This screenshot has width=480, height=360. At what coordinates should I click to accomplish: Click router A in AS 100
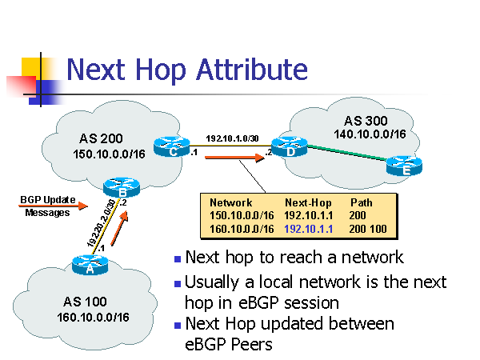[90, 265]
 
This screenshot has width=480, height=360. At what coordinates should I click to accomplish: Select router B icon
[122, 187]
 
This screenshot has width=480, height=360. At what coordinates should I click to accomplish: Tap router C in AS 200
[172, 147]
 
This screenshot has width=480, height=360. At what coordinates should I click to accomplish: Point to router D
[290, 147]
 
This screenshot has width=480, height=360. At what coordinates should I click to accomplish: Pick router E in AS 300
[404, 166]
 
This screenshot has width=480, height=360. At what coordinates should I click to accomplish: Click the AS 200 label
[101, 138]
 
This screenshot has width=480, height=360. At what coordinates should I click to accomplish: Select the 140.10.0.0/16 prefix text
[370, 134]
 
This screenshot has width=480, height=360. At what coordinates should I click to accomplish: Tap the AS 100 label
[85, 302]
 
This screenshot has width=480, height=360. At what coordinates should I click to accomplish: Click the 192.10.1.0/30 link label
[232, 138]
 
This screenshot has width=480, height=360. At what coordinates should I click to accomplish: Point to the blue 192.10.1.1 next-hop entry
[308, 229]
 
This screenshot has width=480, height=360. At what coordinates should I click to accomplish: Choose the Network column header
[231, 202]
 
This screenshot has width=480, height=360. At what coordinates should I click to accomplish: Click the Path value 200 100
[368, 229]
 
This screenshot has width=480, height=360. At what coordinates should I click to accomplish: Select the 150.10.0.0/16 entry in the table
[242, 215]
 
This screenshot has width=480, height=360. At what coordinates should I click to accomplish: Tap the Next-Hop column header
[308, 202]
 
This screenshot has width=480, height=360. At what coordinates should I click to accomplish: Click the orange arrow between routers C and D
[234, 158]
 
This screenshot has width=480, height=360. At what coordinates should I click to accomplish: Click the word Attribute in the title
[252, 70]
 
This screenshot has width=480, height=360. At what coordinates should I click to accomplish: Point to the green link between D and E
[346, 153]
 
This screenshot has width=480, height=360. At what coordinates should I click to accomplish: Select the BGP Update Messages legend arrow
[53, 206]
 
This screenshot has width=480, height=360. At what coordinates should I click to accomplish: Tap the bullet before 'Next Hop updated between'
[178, 326]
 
